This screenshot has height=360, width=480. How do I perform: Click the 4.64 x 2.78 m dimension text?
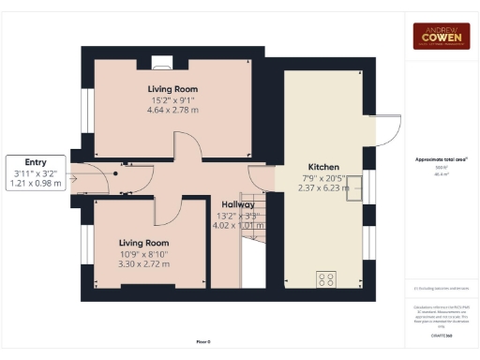point(172,111)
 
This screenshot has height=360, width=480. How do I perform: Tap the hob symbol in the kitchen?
point(327,278)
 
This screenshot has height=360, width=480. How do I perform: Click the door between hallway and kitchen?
point(258,175)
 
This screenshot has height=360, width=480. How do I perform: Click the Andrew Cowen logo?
point(442,36)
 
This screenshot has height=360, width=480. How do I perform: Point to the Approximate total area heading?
point(442,158)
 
